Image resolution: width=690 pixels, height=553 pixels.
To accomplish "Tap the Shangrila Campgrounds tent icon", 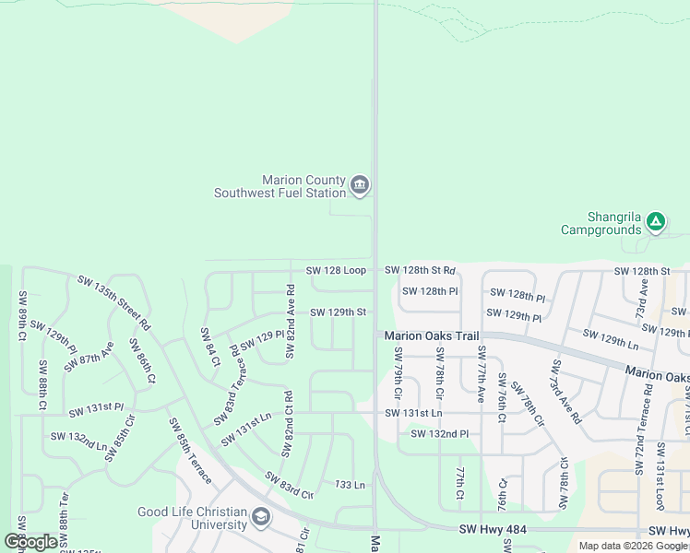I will click(655, 221).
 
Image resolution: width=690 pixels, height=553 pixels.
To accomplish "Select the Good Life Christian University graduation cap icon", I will click(261, 518).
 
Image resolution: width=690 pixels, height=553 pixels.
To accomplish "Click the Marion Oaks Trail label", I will click(432, 336).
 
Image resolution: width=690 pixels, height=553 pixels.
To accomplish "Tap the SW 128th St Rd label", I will click(420, 270).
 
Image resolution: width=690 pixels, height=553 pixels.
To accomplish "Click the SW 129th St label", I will click(338, 312).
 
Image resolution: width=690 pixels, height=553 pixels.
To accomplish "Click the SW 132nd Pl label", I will click(440, 433).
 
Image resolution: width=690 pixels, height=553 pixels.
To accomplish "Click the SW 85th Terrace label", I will click(189, 451).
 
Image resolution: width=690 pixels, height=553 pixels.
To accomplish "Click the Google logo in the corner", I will click(30, 542).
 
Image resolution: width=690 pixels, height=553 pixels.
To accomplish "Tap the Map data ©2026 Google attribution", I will click(633, 546).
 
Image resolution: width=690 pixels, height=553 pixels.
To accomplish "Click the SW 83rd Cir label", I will click(289, 486).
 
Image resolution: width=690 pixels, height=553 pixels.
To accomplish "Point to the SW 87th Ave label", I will click(89, 357).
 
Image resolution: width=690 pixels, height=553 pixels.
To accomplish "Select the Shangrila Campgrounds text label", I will click(601, 222).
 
